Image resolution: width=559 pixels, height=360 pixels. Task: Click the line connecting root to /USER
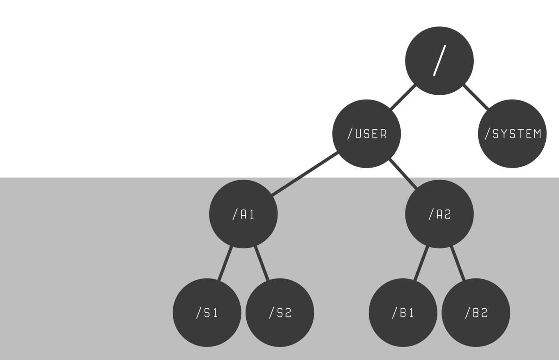pos(403,97)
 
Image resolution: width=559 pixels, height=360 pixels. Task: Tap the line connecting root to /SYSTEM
pos(476,97)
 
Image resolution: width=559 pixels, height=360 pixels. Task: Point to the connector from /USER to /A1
pos(304,174)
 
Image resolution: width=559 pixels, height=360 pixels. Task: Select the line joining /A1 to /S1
pos(225,263)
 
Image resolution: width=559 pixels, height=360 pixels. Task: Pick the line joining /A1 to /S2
pos(262,263)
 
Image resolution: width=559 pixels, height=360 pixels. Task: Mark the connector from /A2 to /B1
pos(421,263)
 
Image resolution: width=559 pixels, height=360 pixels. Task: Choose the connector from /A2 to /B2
pos(458,263)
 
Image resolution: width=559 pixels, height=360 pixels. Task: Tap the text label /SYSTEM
pos(513,134)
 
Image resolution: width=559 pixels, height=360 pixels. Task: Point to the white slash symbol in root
pos(439,60)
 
